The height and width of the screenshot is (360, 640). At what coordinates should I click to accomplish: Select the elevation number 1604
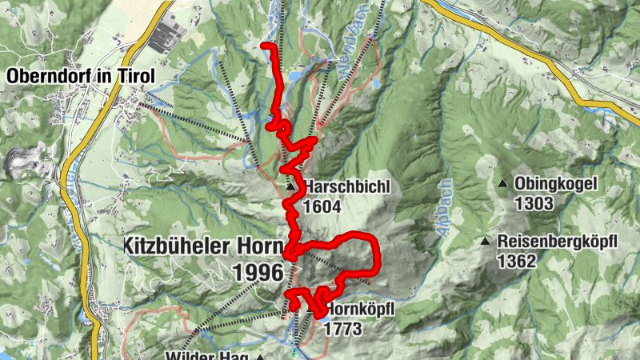click(x=322, y=207)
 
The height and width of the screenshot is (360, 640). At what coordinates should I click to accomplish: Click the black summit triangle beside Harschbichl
click(x=290, y=188)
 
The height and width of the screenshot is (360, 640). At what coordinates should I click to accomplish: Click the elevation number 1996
click(x=258, y=272)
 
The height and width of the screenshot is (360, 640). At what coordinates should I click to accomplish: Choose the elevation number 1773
click(x=344, y=329)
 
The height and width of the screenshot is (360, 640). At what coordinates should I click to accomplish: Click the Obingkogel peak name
click(x=556, y=184)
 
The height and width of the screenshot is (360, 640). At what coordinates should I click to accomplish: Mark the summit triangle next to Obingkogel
click(x=503, y=184)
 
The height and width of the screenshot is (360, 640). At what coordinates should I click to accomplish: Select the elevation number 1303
click(x=534, y=203)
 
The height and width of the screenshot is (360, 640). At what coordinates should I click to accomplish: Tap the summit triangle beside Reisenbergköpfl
click(x=485, y=241)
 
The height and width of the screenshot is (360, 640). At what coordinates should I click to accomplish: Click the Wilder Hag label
click(x=203, y=355)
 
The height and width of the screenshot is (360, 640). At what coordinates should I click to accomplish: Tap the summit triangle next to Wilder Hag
click(x=260, y=357)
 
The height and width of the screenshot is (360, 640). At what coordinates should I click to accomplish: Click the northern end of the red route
click(x=265, y=46)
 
